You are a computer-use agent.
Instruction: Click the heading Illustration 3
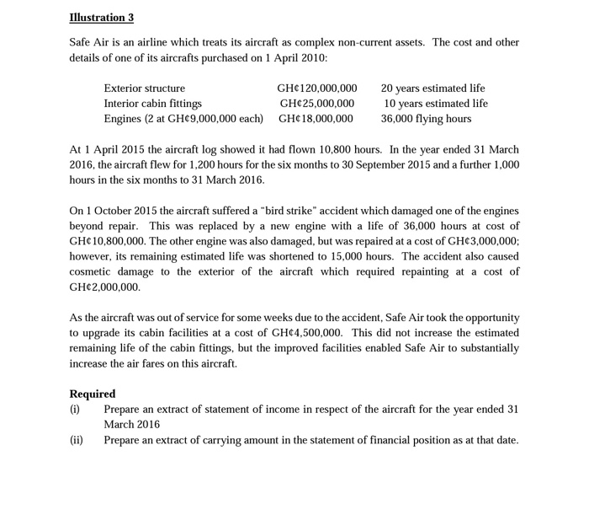point(101,18)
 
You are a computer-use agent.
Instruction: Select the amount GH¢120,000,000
point(316,88)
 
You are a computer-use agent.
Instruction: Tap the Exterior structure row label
point(144,88)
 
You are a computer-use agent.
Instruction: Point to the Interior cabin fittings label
point(152,103)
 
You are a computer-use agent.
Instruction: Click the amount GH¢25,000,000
point(316,103)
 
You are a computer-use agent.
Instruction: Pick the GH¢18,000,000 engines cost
point(316,119)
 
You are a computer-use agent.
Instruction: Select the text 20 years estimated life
point(432,88)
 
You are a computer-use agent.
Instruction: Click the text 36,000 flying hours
point(426,119)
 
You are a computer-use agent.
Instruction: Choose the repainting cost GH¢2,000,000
point(104,287)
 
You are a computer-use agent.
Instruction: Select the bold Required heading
point(93,394)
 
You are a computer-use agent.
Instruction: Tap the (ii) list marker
point(76,440)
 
